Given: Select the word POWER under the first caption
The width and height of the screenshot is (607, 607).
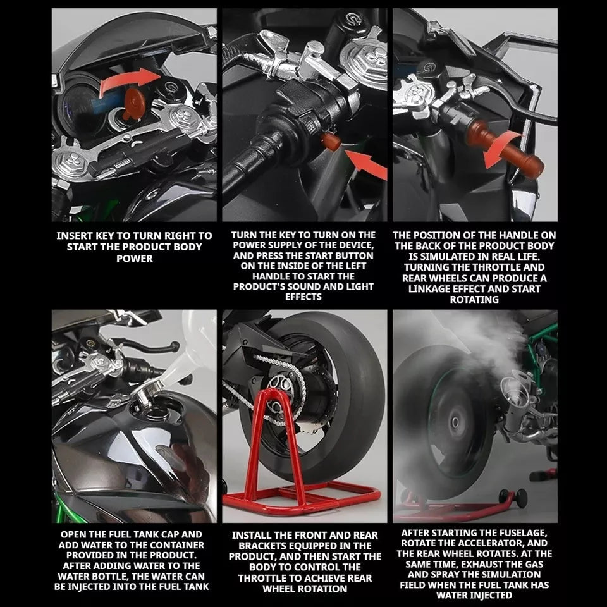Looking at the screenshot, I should coord(134,259).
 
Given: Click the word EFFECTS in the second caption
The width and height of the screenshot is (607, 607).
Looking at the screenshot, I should coord(303,297).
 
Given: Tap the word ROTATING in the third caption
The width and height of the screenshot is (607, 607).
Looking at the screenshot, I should coord(474,299).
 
